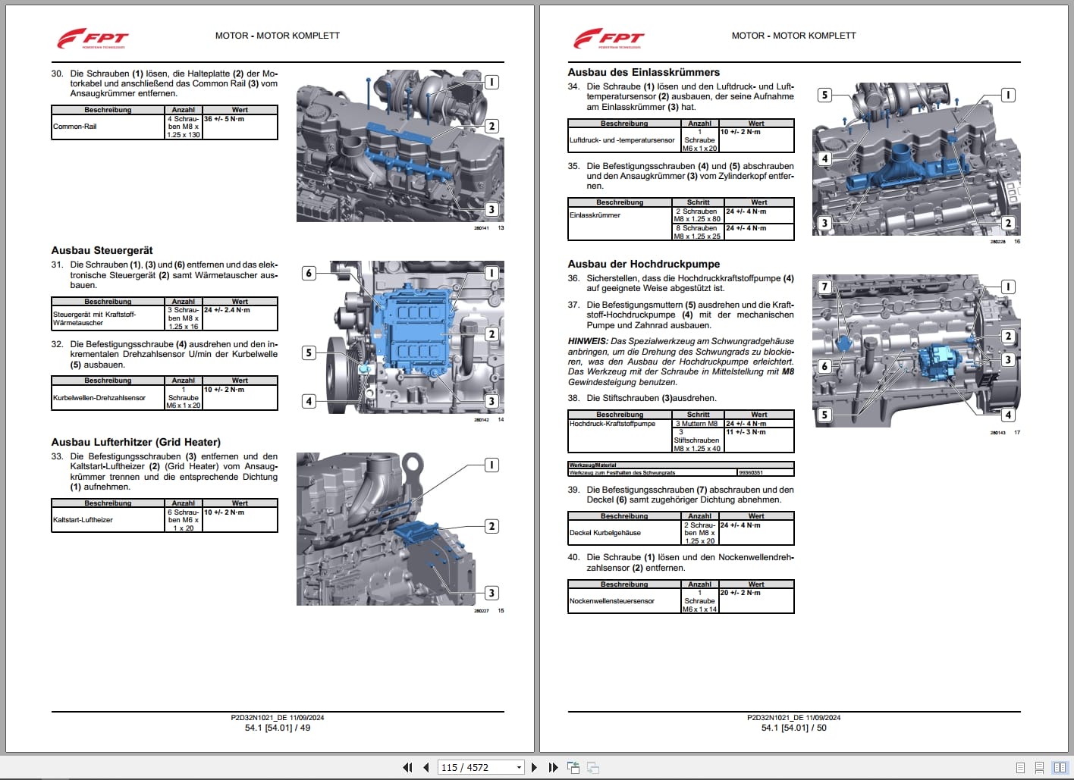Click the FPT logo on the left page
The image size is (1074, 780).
93,38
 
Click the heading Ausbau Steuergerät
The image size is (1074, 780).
102,250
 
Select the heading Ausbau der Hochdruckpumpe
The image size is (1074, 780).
643,264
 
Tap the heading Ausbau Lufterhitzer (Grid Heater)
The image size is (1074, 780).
136,442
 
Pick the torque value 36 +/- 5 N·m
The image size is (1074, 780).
225,119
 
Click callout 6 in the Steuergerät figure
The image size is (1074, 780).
309,273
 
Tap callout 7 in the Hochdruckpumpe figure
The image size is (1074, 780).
825,287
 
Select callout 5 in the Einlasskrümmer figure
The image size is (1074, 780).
825,95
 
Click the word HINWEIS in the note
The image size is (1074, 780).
587,341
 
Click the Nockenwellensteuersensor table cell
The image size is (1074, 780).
612,601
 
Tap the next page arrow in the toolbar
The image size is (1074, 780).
534,767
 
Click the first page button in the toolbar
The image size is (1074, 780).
407,767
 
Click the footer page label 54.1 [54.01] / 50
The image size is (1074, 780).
793,728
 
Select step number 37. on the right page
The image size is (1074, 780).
573,305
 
